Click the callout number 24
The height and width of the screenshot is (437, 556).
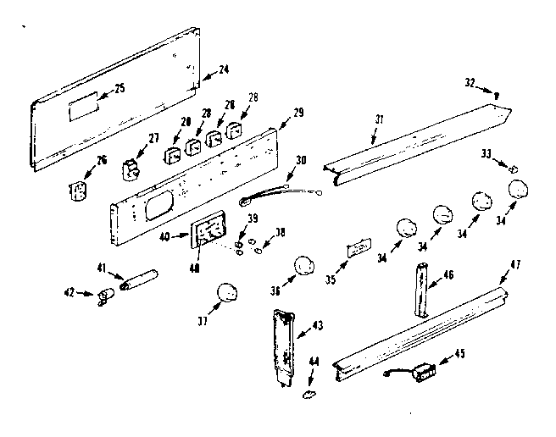click(224, 69)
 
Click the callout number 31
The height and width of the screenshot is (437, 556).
click(379, 119)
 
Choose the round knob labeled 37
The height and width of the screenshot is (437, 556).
click(227, 293)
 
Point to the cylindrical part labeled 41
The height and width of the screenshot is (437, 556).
click(140, 280)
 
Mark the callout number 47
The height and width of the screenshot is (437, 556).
click(514, 264)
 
